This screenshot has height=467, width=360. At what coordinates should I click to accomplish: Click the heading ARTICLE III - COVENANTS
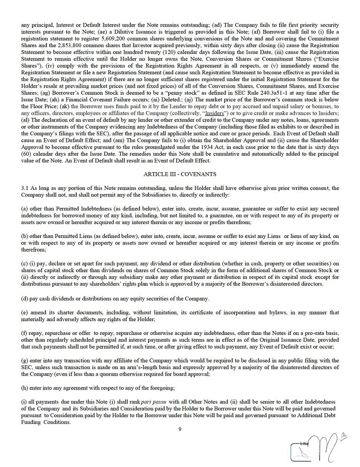[x=179, y=174]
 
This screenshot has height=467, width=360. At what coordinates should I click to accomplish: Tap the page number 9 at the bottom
[x=180, y=429]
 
